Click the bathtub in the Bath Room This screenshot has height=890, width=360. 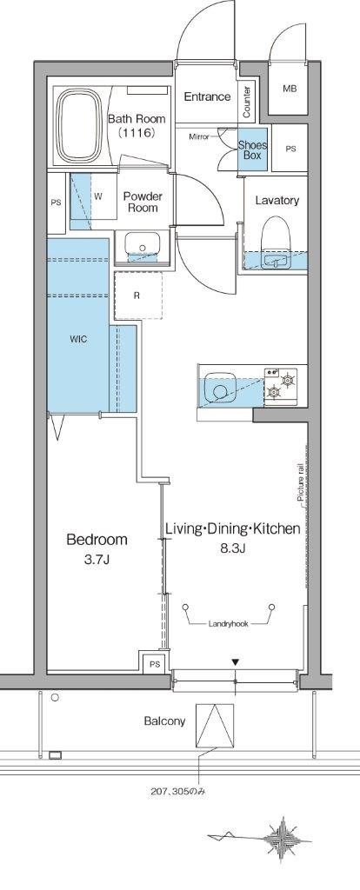click(80, 125)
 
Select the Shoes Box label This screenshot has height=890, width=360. click(250, 149)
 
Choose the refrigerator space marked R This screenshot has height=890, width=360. click(138, 296)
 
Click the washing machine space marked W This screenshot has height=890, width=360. click(97, 196)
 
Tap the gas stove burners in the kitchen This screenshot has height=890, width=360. click(281, 384)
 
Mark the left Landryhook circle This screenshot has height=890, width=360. click(186, 607)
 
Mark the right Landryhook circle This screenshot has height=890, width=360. click(272, 607)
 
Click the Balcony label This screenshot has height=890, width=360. click(164, 721)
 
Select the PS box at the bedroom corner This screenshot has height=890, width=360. click(154, 663)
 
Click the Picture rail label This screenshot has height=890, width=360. click(300, 482)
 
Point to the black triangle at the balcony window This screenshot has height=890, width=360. click(235, 662)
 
